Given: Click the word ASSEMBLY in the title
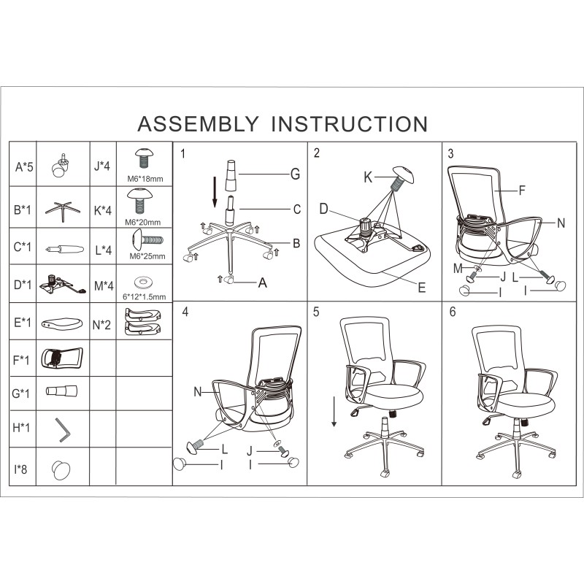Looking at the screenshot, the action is (198, 124).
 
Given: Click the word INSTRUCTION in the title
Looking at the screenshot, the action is (350, 124).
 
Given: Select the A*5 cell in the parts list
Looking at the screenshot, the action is (24, 167).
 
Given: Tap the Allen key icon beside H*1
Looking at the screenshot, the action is (63, 430).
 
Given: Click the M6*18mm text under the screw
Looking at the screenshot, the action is (145, 179).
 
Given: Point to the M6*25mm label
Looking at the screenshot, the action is (147, 256).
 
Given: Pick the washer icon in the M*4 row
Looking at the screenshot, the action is (144, 283).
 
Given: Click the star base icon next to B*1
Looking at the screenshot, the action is (63, 211).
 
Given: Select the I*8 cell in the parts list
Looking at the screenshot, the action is (21, 469).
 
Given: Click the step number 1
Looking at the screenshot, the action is (182, 153).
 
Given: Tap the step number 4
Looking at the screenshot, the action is (185, 312).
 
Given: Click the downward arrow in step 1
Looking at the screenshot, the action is (215, 192).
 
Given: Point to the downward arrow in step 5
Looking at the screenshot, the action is (334, 412).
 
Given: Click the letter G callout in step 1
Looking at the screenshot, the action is (295, 174).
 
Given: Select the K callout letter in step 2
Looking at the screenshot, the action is (368, 177).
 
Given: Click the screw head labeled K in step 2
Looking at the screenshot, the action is (404, 174).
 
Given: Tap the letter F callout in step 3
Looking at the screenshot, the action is (522, 191).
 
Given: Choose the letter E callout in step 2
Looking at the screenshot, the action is (422, 287).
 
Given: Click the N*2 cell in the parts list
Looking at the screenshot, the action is (101, 325).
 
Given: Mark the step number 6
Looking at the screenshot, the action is (453, 312).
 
